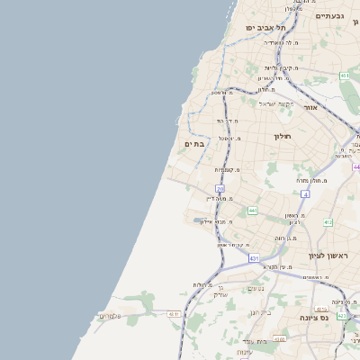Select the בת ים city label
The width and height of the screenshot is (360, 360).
click(195, 144)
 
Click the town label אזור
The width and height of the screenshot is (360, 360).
click(310, 107)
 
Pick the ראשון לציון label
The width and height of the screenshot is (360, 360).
click(328, 256)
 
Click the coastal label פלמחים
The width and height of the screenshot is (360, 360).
click(109, 315)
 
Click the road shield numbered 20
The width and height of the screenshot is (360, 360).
click(220, 188)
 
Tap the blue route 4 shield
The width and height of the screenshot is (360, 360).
click(305, 194)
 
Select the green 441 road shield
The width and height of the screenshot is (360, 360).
click(253, 211)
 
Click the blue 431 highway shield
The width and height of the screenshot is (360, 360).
click(255, 257)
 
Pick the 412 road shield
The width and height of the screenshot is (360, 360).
click(328, 222)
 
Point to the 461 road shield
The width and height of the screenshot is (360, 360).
click(345, 76)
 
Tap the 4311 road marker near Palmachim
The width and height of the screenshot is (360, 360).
click(173, 314)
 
